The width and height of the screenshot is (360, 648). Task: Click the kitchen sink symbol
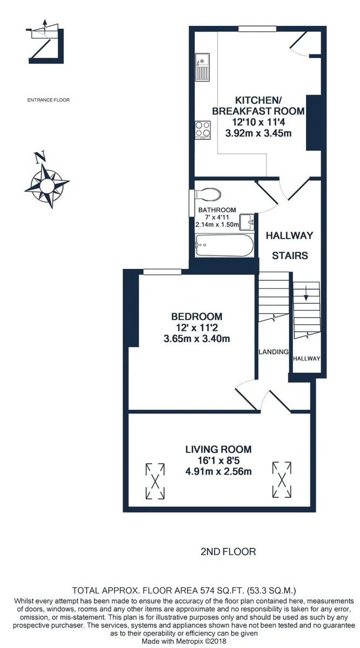click(202, 67)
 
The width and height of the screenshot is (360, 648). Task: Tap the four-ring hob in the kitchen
click(203, 130)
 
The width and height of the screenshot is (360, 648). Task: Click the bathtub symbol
click(225, 245)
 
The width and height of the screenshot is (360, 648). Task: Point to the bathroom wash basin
click(247, 222)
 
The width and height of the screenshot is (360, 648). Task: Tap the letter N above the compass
click(40, 157)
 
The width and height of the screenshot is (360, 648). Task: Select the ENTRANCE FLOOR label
click(49, 100)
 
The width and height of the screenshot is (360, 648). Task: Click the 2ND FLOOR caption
click(228, 552)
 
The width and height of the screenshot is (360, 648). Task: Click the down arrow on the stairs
click(306, 293)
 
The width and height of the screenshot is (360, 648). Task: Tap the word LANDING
click(274, 352)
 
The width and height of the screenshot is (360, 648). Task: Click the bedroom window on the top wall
click(162, 272)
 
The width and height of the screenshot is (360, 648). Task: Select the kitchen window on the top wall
click(257, 29)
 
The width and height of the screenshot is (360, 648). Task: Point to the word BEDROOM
click(197, 316)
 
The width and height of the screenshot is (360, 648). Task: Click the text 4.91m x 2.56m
click(218, 471)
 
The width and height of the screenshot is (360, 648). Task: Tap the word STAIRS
click(290, 256)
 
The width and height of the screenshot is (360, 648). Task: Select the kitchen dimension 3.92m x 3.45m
click(258, 133)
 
